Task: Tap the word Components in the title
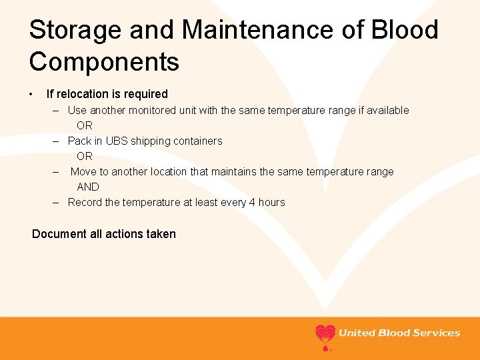pos(104,62)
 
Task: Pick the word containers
pos(198,141)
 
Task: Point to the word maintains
pos(233,171)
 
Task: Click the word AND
pos(87,187)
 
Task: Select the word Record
pos(85,202)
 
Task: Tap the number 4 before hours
pos(252,202)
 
